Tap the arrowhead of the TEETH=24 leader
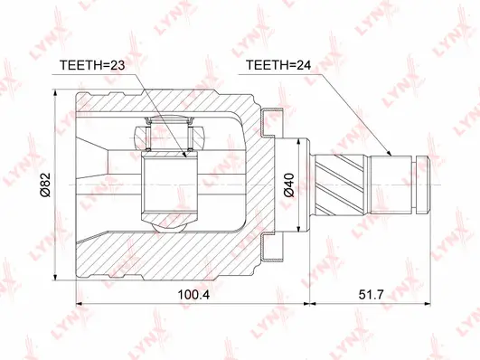point(387,155)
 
